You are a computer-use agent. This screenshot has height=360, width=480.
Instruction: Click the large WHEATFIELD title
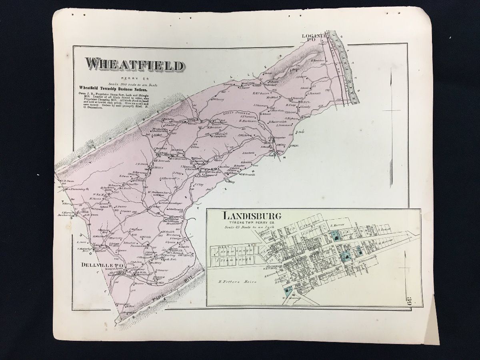click(x=134, y=65)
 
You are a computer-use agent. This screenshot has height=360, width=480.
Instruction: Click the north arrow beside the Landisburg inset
click(x=406, y=264)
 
